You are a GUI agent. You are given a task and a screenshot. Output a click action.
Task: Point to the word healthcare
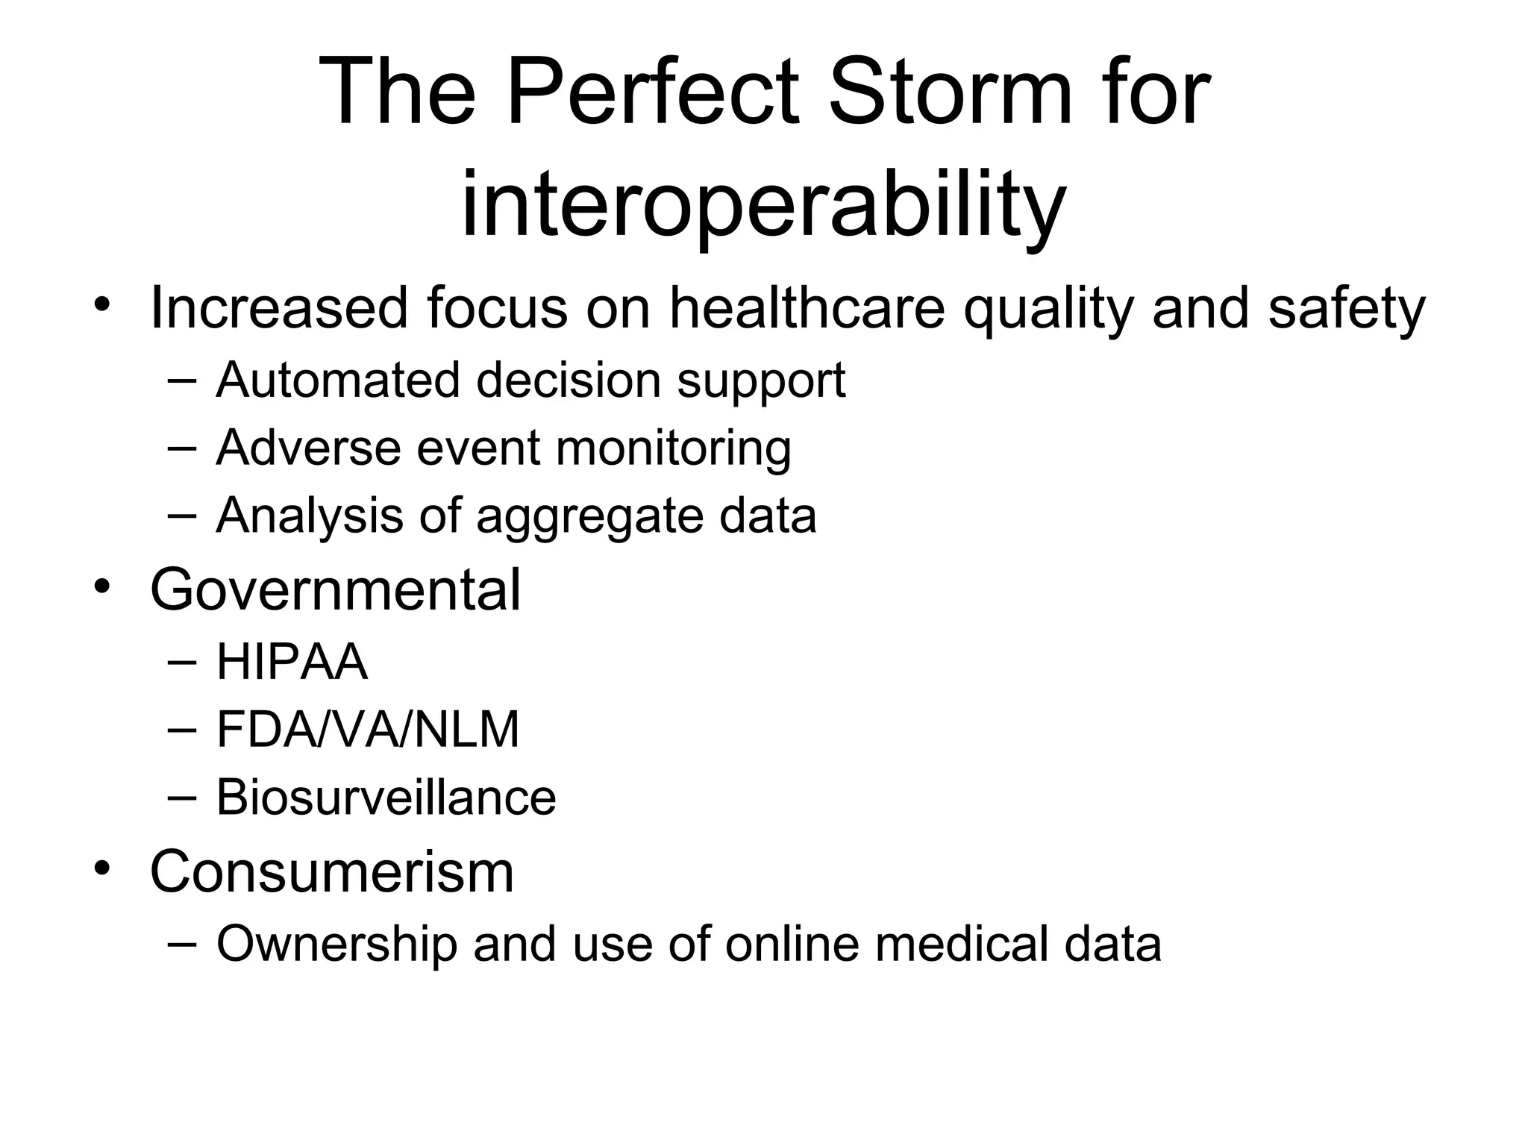pos(807,307)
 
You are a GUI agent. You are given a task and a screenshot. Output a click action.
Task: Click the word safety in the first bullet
pos(1347,309)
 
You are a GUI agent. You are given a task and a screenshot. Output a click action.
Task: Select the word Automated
pos(337,380)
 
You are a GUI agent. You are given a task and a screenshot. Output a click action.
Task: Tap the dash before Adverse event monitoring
pos(182,448)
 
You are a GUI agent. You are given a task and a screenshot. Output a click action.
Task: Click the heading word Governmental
pos(335,589)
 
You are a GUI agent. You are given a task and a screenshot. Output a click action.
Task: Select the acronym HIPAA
pos(292,662)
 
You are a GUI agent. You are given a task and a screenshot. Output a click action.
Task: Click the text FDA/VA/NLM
pos(367,729)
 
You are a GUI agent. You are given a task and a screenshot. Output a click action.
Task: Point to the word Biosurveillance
pos(386,797)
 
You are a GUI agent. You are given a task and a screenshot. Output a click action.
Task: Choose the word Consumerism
pos(332,871)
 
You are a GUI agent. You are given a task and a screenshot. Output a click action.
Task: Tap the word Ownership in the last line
pos(336,945)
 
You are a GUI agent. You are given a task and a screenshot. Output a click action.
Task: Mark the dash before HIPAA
pos(182,661)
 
